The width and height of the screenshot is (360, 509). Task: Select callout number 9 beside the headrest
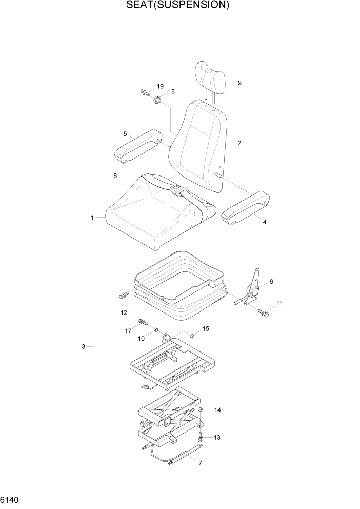pyautogui.click(x=239, y=83)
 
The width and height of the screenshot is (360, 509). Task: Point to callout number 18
pyautogui.click(x=171, y=91)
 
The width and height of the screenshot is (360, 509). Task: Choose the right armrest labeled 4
pyautogui.click(x=246, y=208)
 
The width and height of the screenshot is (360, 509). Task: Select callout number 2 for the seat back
pyautogui.click(x=239, y=143)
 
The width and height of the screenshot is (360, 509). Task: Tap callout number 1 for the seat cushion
pyautogui.click(x=92, y=218)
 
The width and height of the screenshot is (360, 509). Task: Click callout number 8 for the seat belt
pyautogui.click(x=115, y=175)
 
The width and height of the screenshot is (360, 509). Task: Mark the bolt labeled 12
pyautogui.click(x=123, y=296)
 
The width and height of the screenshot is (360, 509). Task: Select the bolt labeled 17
pyautogui.click(x=142, y=323)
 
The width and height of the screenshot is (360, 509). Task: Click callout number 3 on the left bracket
pyautogui.click(x=83, y=347)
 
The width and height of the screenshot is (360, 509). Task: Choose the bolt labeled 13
pyautogui.click(x=201, y=437)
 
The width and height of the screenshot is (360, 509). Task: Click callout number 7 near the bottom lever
pyautogui.click(x=199, y=463)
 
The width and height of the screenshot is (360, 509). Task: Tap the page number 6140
pyautogui.click(x=11, y=499)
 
